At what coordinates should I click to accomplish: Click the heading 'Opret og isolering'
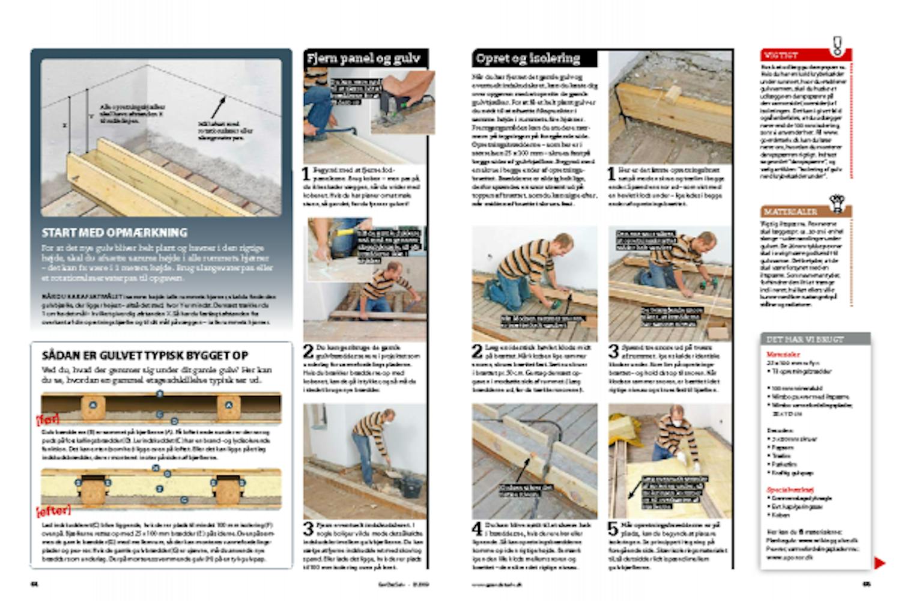click(x=528, y=58)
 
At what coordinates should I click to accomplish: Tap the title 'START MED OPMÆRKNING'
click(x=115, y=233)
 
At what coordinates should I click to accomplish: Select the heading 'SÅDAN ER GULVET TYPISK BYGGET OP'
click(x=145, y=356)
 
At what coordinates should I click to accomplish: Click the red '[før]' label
click(x=47, y=418)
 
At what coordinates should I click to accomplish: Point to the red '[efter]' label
click(x=53, y=511)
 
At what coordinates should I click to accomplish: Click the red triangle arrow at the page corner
click(x=879, y=563)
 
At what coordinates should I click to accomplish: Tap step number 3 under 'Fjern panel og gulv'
click(x=308, y=529)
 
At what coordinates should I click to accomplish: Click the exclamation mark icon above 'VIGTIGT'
click(x=837, y=44)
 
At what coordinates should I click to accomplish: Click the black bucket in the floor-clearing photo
click(x=411, y=484)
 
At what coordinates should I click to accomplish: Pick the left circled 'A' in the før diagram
click(x=93, y=405)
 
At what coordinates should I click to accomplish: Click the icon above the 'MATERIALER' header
click(x=836, y=202)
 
